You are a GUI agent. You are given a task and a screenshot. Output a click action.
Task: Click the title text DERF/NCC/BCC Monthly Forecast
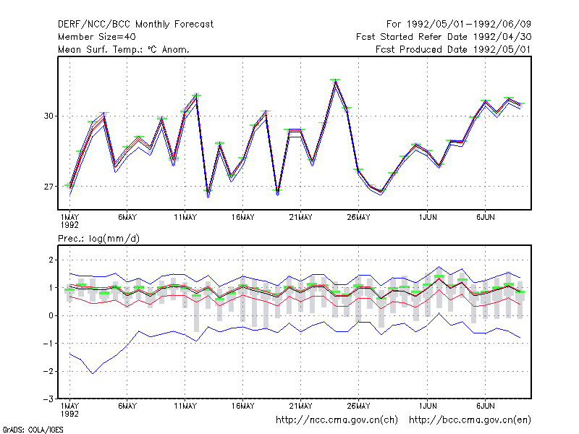coord(135,25)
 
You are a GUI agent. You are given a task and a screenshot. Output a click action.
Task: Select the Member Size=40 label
coord(97,37)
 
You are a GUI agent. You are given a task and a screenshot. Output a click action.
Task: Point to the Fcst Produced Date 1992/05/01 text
coord(453,49)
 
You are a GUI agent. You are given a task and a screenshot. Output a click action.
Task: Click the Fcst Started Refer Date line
coord(444,37)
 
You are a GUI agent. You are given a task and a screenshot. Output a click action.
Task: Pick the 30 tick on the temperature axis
coord(48,116)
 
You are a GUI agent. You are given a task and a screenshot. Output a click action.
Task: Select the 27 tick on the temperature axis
coord(48,187)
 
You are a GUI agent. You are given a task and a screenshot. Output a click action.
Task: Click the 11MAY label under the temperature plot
coord(185,218)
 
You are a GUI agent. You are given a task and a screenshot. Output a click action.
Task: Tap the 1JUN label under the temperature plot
coord(428,218)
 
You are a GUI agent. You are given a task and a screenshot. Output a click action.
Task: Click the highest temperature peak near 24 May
coord(335,80)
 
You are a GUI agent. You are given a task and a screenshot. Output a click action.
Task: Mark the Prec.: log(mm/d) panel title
coord(98,239)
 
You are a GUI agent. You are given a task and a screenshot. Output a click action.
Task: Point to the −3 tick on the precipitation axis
coord(48,399)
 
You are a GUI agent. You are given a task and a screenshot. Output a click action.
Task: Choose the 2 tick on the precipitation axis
coord(51,260)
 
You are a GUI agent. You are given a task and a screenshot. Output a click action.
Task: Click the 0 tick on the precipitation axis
coord(51,315)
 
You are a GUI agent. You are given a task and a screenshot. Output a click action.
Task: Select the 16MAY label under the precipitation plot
coord(243,406)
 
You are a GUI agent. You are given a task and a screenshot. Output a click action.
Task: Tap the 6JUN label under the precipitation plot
coord(485,406)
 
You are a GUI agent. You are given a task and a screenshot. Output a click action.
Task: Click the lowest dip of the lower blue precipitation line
coord(93,373)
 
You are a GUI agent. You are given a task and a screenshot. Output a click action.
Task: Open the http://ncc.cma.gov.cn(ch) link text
coord(337,420)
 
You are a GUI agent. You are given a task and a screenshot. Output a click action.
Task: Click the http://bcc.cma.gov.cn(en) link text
coord(470,420)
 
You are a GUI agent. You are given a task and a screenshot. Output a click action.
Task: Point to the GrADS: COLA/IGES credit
coord(33,430)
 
